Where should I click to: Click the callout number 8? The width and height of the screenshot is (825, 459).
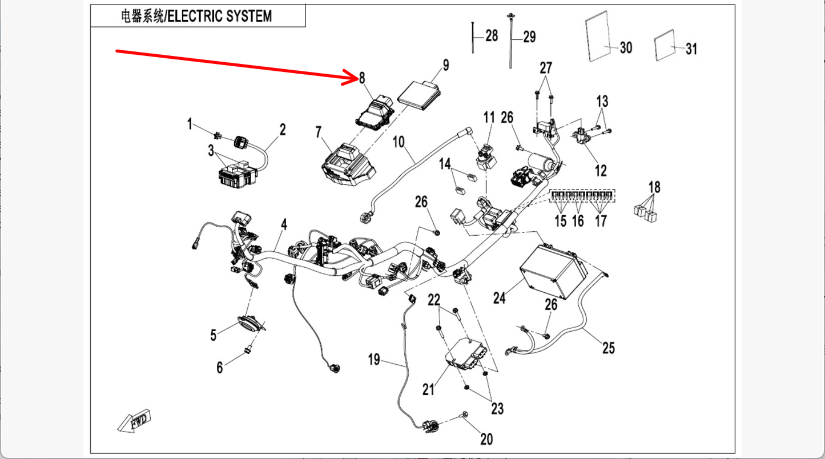[361, 78]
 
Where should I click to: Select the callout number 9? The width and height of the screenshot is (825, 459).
[446, 65]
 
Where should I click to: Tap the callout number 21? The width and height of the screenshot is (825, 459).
[428, 389]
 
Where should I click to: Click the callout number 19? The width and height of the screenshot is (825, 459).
[374, 360]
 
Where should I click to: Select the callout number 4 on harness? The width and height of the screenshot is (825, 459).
[284, 225]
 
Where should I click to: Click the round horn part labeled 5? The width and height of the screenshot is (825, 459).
[249, 323]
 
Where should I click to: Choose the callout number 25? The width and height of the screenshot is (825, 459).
[609, 347]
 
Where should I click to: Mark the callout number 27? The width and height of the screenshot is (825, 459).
[546, 68]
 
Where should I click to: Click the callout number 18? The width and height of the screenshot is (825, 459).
[654, 187]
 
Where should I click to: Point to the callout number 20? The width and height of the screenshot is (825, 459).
[486, 439]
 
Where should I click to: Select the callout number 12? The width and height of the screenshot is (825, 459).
[600, 170]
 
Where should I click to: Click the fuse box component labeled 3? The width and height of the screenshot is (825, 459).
[234, 174]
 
